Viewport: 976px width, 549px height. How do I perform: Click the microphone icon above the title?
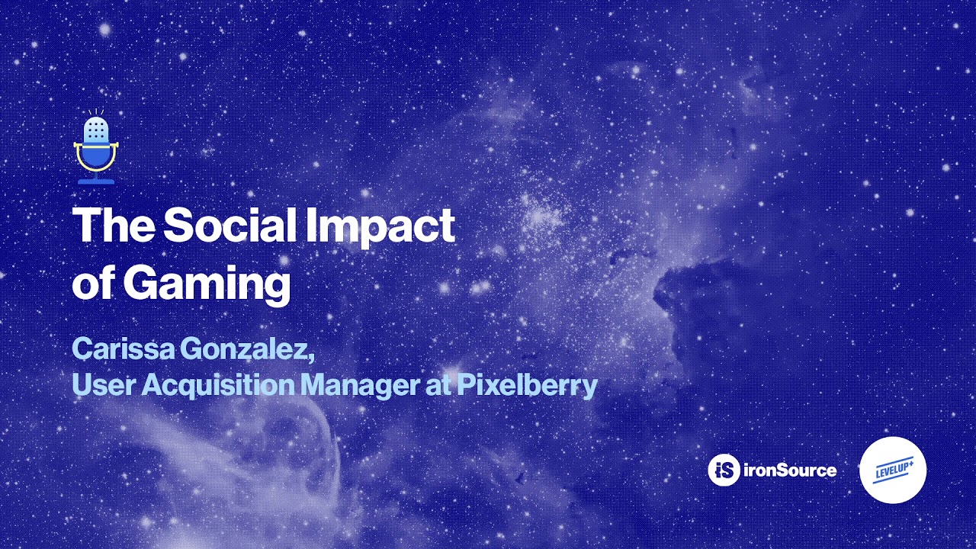pyautogui.click(x=96, y=149)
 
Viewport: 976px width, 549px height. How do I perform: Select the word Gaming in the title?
pyautogui.click(x=207, y=284)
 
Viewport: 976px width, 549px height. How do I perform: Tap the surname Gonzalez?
pyautogui.click(x=246, y=349)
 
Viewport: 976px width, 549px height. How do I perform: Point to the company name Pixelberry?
pyautogui.click(x=527, y=385)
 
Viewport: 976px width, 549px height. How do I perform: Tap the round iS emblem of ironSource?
pyautogui.click(x=724, y=470)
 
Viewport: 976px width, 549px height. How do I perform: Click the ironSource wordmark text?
pyautogui.click(x=790, y=470)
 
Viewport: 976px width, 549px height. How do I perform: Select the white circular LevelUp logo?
pyautogui.click(x=893, y=470)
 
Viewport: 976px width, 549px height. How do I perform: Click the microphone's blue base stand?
pyautogui.click(x=96, y=180)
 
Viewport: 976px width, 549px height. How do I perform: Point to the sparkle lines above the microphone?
pyautogui.click(x=96, y=112)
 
